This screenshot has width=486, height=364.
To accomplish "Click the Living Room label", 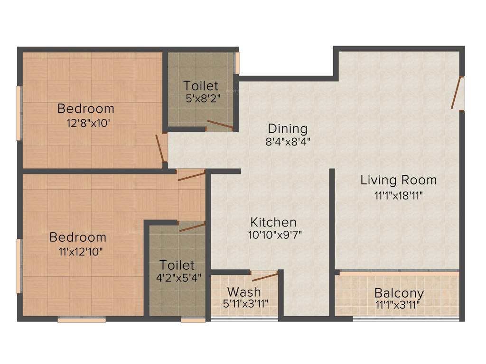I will tap(398, 180).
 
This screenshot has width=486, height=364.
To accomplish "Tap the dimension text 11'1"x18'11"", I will tap(398, 194).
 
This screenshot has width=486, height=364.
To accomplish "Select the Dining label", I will tap(288, 128).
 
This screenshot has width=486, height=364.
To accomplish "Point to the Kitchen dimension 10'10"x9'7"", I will tap(275, 235).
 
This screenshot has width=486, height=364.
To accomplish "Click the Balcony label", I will tap(399, 293).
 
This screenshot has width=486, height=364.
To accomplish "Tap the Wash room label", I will tap(243, 291).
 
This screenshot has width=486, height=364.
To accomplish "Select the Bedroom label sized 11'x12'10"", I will tap(78, 237).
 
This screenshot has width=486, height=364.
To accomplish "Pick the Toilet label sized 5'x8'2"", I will tap(201, 86).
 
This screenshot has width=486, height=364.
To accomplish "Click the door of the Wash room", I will tap(264, 277).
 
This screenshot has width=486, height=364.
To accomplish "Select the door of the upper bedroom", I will tap(161, 148).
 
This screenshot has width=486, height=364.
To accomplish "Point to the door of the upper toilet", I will tap(219, 125).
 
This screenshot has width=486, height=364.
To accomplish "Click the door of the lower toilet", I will tap(192, 227).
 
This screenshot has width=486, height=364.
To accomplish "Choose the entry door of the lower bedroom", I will tap(191, 175).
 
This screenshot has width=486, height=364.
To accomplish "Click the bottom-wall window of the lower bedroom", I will tap(82, 320).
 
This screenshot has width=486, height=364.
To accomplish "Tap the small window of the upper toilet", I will tap(237, 63).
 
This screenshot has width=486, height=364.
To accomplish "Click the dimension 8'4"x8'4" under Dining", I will tap(288, 141).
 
